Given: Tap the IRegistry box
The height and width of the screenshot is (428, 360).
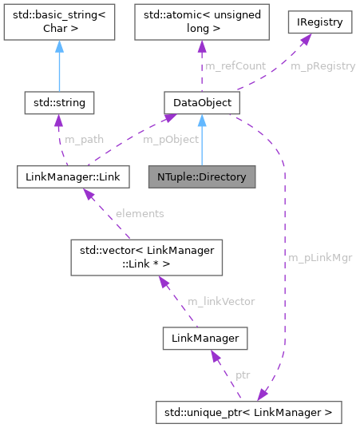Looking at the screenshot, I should [320, 22].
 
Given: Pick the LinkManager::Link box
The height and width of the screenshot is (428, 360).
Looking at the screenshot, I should [73, 176].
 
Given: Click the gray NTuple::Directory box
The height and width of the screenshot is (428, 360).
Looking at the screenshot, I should [202, 176].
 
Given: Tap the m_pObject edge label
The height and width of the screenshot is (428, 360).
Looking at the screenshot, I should [147, 139].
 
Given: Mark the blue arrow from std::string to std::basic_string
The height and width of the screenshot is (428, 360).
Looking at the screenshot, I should [59, 68].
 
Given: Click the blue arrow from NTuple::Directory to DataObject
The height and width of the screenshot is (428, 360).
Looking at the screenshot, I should [202, 140].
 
